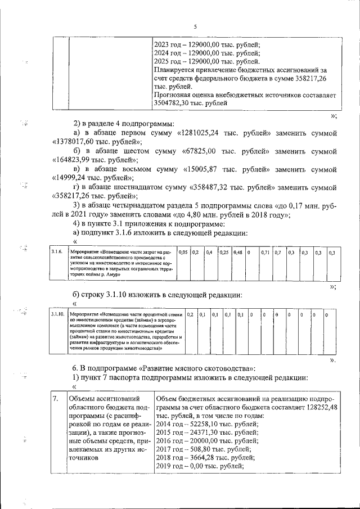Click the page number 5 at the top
click(x=195, y=26)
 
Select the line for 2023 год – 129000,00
click(x=206, y=46)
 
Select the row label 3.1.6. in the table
click(x=56, y=252)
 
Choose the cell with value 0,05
click(x=183, y=252)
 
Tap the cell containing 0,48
click(x=237, y=252)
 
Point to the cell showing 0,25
click(x=224, y=252)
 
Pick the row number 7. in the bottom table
click(x=55, y=399)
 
